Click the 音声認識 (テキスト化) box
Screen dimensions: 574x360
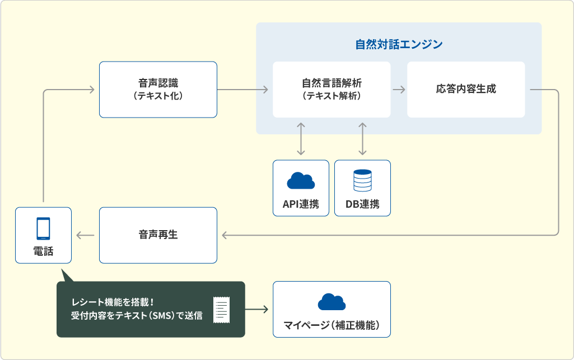tap(158, 90)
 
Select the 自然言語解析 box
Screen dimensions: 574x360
tap(332, 90)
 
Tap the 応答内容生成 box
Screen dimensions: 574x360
tap(466, 90)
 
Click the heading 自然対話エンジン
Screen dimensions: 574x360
tap(399, 44)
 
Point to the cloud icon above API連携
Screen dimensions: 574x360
tap(301, 180)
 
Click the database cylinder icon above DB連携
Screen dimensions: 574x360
tap(362, 180)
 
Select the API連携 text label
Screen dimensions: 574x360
tap(301, 204)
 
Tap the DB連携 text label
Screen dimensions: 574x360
tap(362, 204)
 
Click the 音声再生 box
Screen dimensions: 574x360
tap(158, 235)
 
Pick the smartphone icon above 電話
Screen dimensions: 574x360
tap(43, 228)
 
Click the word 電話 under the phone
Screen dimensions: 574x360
tap(43, 251)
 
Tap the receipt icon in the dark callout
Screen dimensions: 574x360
tap(221, 310)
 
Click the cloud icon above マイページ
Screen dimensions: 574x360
tap(332, 301)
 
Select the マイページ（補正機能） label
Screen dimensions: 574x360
tap(332, 325)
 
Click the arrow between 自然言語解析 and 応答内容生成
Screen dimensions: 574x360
tap(399, 90)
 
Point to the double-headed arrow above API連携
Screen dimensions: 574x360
tap(301, 139)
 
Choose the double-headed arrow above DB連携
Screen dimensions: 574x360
tap(362, 139)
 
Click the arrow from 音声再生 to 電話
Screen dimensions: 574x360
tap(85, 235)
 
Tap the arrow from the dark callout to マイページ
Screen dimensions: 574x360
tap(256, 310)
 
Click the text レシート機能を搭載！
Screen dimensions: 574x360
tap(113, 302)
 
